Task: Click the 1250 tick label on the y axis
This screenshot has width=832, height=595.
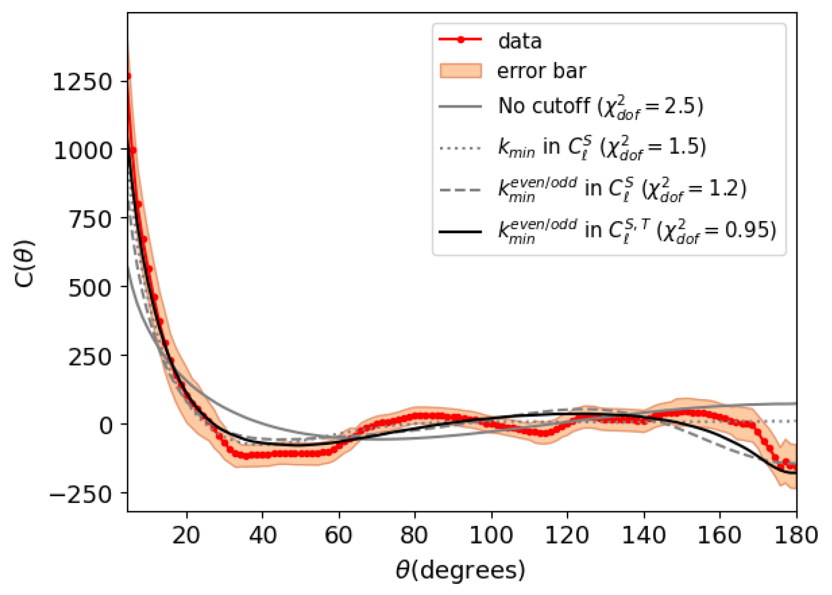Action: [x=82, y=82]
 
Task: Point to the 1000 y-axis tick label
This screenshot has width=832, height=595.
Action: [x=83, y=150]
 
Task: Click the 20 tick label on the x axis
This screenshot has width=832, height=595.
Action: [x=186, y=535]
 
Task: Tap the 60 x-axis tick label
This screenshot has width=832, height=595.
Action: [x=338, y=535]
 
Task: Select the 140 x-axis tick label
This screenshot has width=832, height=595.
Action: [x=644, y=535]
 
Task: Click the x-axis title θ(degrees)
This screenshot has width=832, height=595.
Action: [x=460, y=570]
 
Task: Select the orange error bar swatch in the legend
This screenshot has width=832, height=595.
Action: [x=460, y=71]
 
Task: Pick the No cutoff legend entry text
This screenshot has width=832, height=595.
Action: [x=544, y=106]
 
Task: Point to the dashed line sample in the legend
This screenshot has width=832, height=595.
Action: [x=460, y=190]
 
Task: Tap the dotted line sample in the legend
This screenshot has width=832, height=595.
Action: [x=460, y=148]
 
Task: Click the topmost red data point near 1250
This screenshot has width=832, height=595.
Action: [x=129, y=76]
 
